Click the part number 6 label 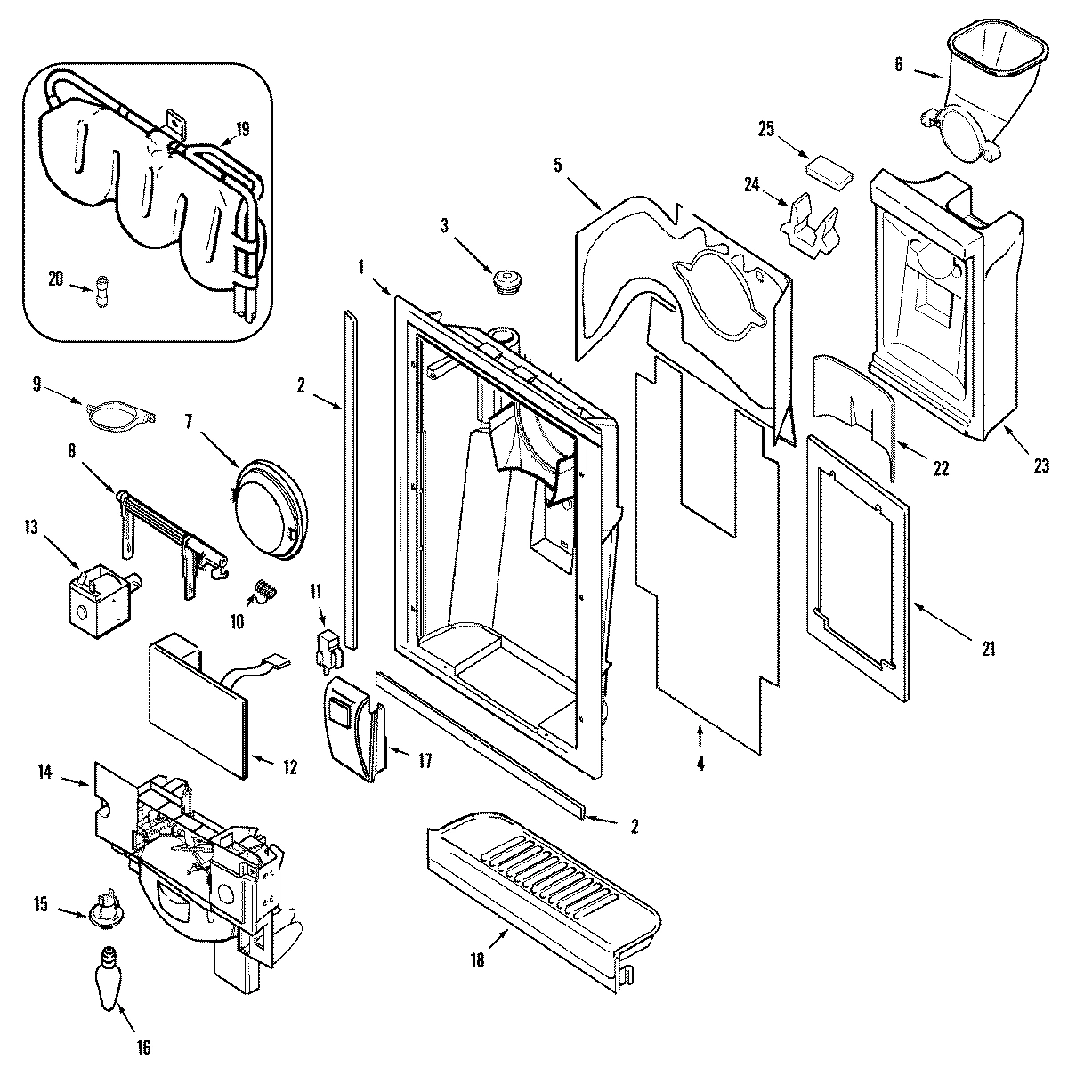[897, 64]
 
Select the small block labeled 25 [827, 168]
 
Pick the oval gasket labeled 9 [120, 412]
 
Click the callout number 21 [988, 649]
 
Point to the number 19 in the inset [241, 130]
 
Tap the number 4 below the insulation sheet [700, 764]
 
